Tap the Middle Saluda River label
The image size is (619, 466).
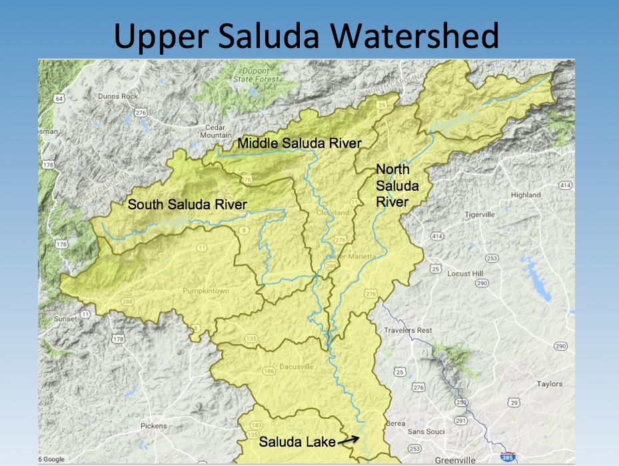299,143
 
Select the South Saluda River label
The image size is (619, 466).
187,204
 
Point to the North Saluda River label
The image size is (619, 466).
392,185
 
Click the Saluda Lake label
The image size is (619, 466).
297,441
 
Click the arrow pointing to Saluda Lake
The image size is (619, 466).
348,439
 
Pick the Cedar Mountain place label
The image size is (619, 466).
217,131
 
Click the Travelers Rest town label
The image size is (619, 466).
408,331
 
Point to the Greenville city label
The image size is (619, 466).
456,460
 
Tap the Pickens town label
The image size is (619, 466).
154,426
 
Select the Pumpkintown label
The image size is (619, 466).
205,291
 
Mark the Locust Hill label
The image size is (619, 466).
464,274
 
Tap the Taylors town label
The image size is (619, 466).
550,384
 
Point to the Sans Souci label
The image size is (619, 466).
426,432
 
